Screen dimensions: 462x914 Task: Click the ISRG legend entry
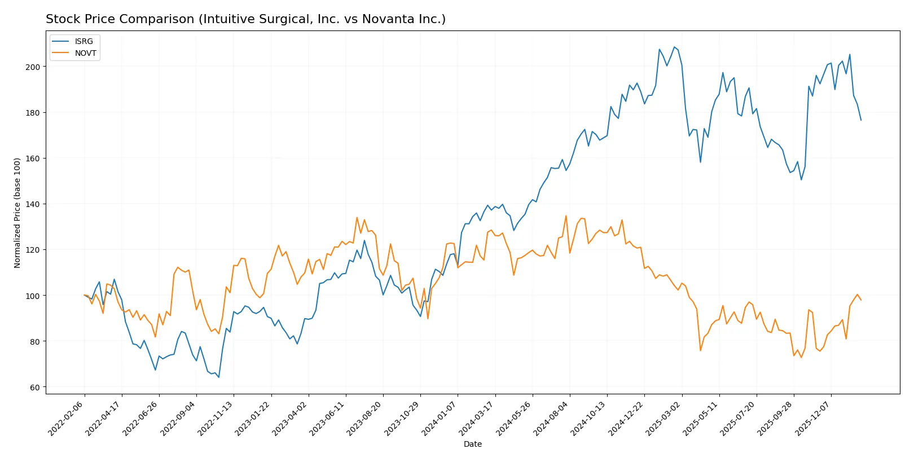click(x=84, y=41)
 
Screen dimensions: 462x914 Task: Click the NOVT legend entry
click(x=85, y=53)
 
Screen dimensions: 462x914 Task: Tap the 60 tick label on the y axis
click(x=35, y=388)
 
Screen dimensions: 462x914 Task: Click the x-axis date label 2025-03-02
click(x=664, y=419)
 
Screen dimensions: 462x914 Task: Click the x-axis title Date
click(x=472, y=444)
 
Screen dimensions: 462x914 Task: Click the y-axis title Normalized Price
click(x=17, y=213)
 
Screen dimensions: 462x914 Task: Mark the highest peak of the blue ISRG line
click(x=674, y=47)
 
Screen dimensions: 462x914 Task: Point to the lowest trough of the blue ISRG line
click(x=218, y=377)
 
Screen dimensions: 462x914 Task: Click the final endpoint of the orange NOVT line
click(x=861, y=300)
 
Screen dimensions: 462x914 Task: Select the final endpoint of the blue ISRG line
click(x=861, y=120)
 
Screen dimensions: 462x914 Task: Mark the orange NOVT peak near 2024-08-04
click(x=566, y=215)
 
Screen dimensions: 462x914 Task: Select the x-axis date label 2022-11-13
click(x=216, y=419)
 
